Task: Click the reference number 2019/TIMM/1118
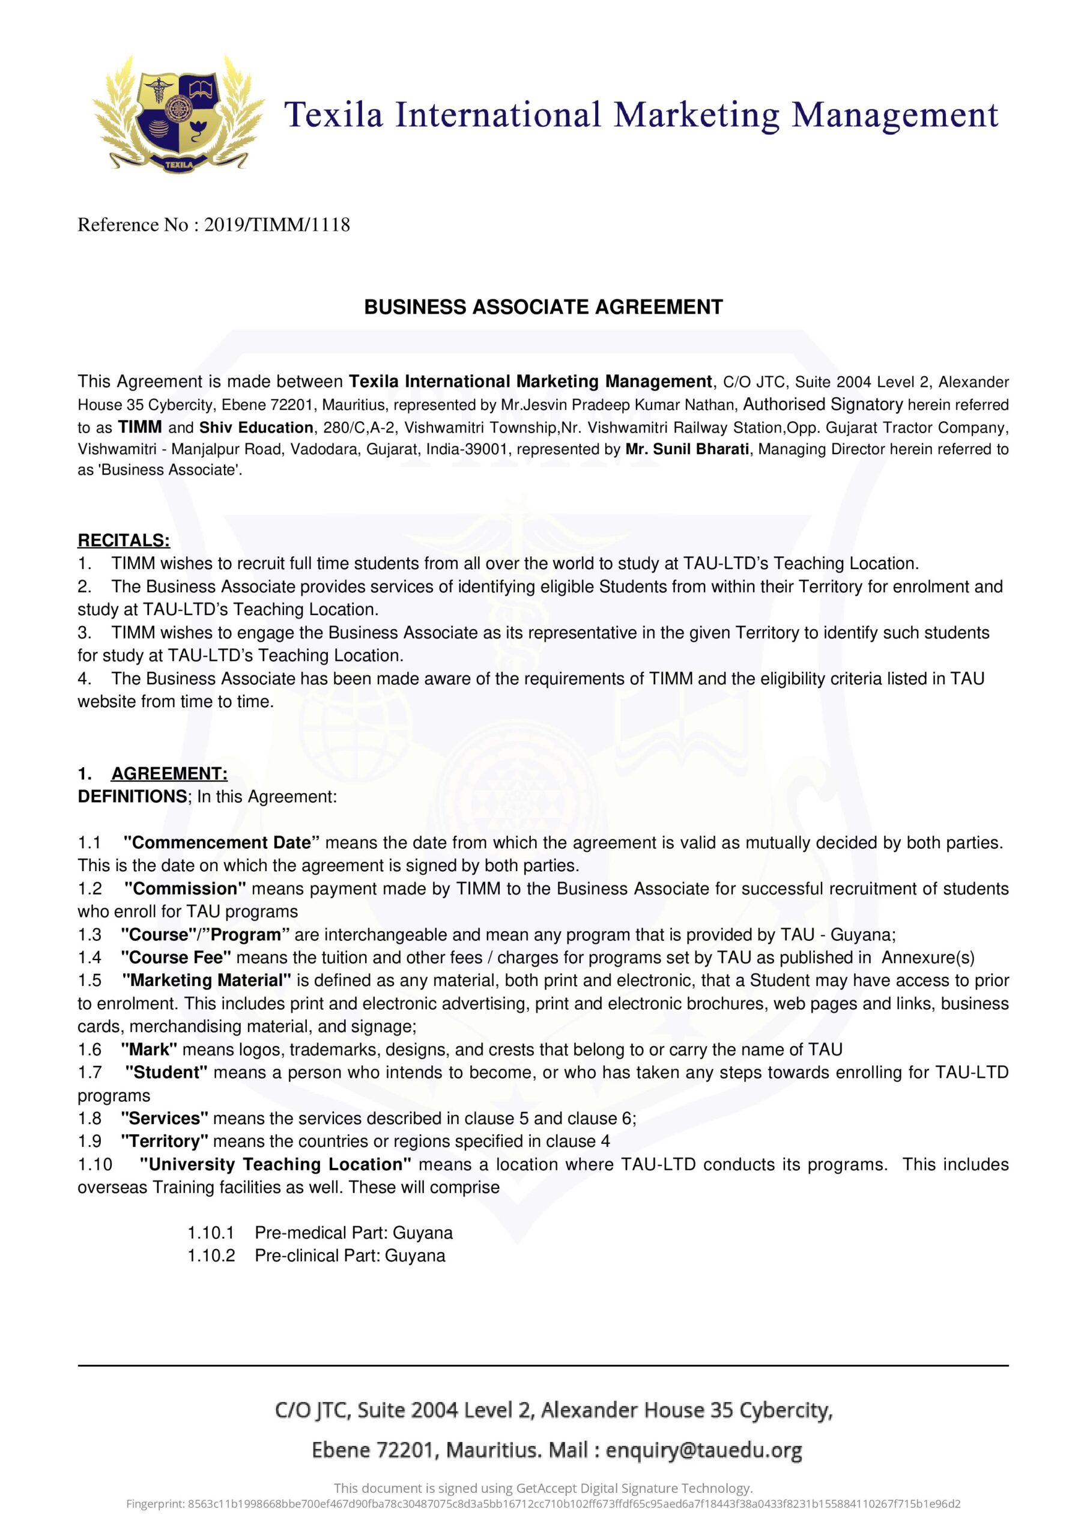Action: click(x=277, y=225)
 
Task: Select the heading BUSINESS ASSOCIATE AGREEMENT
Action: click(x=543, y=307)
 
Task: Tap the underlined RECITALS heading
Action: click(x=124, y=540)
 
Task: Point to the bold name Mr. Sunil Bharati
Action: click(x=686, y=449)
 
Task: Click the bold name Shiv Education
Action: click(x=256, y=427)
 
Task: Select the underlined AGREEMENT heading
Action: click(x=169, y=774)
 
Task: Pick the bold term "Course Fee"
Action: click(x=176, y=957)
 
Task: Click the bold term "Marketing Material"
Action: click(x=206, y=980)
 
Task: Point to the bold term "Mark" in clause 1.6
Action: click(x=149, y=1049)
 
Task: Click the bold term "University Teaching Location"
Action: click(x=275, y=1164)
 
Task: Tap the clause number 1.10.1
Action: click(x=211, y=1233)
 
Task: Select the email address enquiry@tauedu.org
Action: click(x=704, y=1450)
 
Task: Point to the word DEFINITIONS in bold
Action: click(x=133, y=797)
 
